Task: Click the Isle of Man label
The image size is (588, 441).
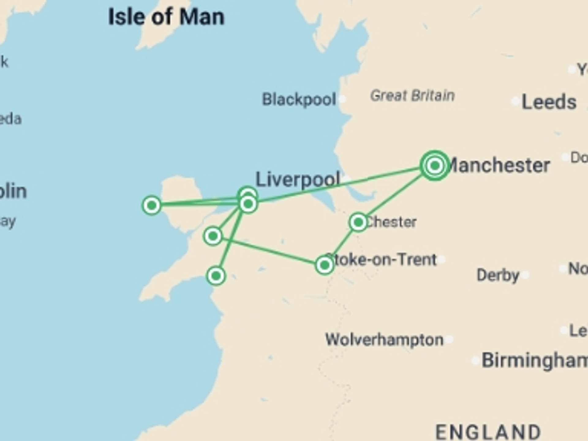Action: (166, 17)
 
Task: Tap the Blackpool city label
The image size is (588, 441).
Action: (299, 100)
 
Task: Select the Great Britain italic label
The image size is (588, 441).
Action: (412, 96)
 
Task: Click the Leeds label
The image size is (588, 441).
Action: (549, 102)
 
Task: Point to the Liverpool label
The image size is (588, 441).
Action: (298, 179)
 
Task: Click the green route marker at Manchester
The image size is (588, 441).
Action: (435, 166)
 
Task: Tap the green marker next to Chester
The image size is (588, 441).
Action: (358, 222)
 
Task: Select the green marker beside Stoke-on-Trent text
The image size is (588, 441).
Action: (324, 265)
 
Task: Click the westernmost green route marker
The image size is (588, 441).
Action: (152, 205)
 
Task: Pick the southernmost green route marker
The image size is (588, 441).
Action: (216, 276)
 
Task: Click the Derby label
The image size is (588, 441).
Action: (498, 275)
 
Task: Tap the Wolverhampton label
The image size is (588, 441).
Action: (384, 340)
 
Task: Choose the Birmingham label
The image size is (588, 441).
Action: (534, 360)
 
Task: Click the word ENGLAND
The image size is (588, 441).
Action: (488, 432)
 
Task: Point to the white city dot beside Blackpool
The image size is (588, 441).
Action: (342, 99)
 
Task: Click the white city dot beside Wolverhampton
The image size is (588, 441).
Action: (449, 339)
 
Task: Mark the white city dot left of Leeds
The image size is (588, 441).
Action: (515, 101)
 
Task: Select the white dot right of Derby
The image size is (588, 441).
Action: (526, 275)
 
